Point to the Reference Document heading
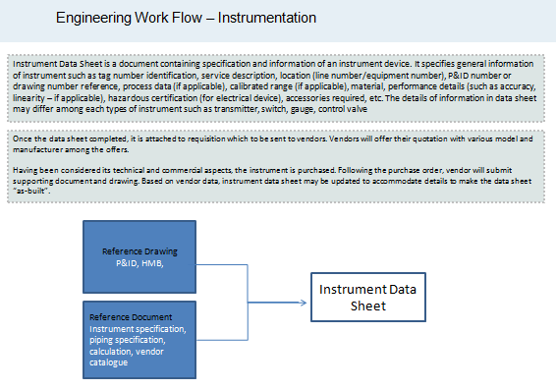pos(131,317)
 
